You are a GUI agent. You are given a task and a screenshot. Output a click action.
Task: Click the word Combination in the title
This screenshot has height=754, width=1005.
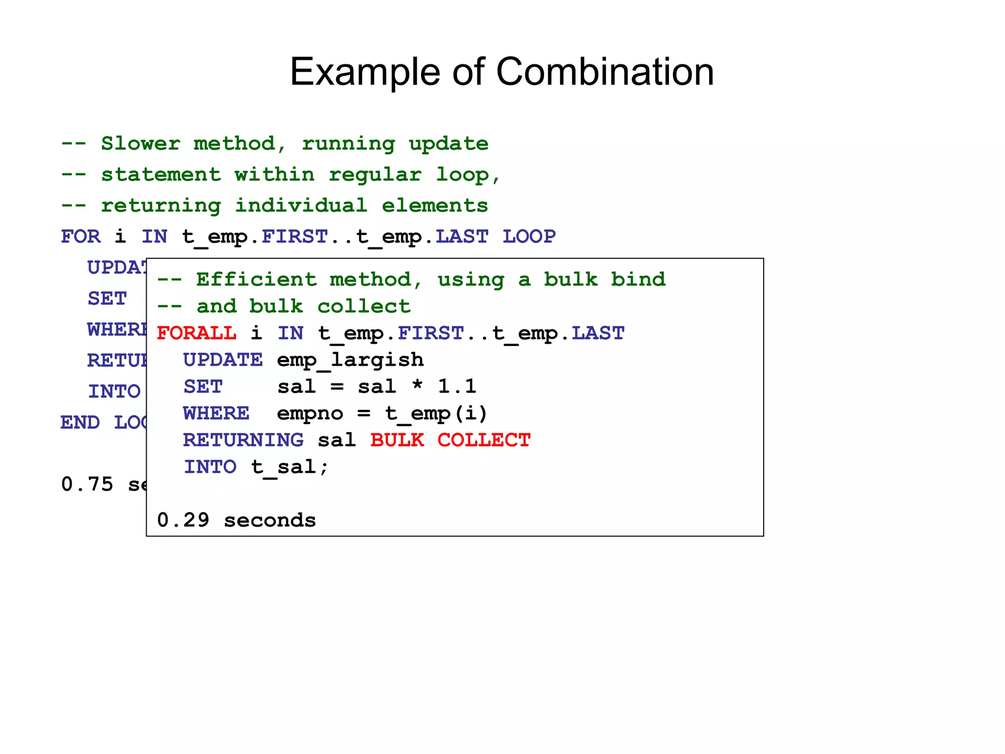(605, 72)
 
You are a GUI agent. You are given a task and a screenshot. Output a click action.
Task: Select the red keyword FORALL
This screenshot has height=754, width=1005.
(196, 333)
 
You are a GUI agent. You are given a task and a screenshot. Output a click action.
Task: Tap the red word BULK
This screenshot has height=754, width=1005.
(397, 440)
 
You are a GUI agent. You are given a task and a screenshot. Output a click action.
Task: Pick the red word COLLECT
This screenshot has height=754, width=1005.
(484, 440)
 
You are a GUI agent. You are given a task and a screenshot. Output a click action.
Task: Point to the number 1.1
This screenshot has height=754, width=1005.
(457, 387)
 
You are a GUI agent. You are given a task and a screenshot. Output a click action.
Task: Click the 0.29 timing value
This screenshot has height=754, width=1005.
(183, 520)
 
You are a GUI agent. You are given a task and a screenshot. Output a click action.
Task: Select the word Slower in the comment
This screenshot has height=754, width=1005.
(141, 144)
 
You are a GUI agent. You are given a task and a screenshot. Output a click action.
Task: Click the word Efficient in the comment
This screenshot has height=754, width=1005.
(256, 280)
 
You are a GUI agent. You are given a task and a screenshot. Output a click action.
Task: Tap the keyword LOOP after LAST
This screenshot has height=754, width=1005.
(529, 237)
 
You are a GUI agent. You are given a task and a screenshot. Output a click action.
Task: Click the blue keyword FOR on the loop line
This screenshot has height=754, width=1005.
(81, 237)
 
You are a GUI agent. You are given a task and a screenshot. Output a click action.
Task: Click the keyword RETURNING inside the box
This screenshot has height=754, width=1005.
(243, 440)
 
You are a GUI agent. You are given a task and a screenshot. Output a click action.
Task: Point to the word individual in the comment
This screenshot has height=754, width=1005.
(301, 206)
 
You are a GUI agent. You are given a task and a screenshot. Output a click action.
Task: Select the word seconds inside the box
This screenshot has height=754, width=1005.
(270, 520)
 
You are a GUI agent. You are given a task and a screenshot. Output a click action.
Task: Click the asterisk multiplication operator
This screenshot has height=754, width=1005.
(417, 386)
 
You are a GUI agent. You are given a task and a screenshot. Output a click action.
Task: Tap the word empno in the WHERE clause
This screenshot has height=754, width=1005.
(310, 414)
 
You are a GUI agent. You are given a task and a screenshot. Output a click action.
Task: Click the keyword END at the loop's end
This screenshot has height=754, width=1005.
(80, 423)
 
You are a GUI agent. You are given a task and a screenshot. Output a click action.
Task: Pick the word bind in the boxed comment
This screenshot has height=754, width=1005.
(638, 280)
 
